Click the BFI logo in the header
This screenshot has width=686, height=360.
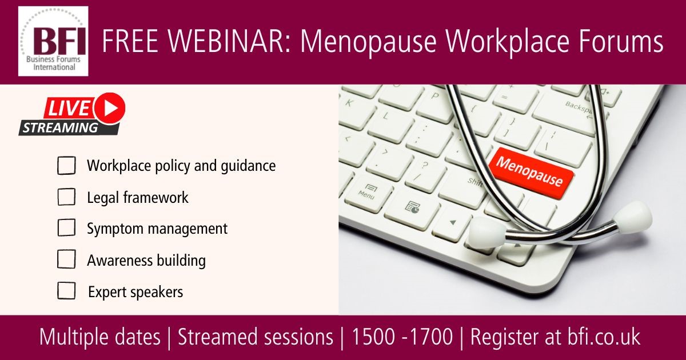pos(53,41)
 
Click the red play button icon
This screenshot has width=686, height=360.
pos(110,108)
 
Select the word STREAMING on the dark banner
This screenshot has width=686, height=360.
pos(61,128)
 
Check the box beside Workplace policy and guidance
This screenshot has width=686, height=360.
pos(66,165)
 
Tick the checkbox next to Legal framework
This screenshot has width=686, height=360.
pos(66,197)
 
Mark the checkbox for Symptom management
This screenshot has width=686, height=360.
pos(66,227)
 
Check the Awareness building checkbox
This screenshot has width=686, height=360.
pos(66,259)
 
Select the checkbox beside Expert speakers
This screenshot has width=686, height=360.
pos(66,290)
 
